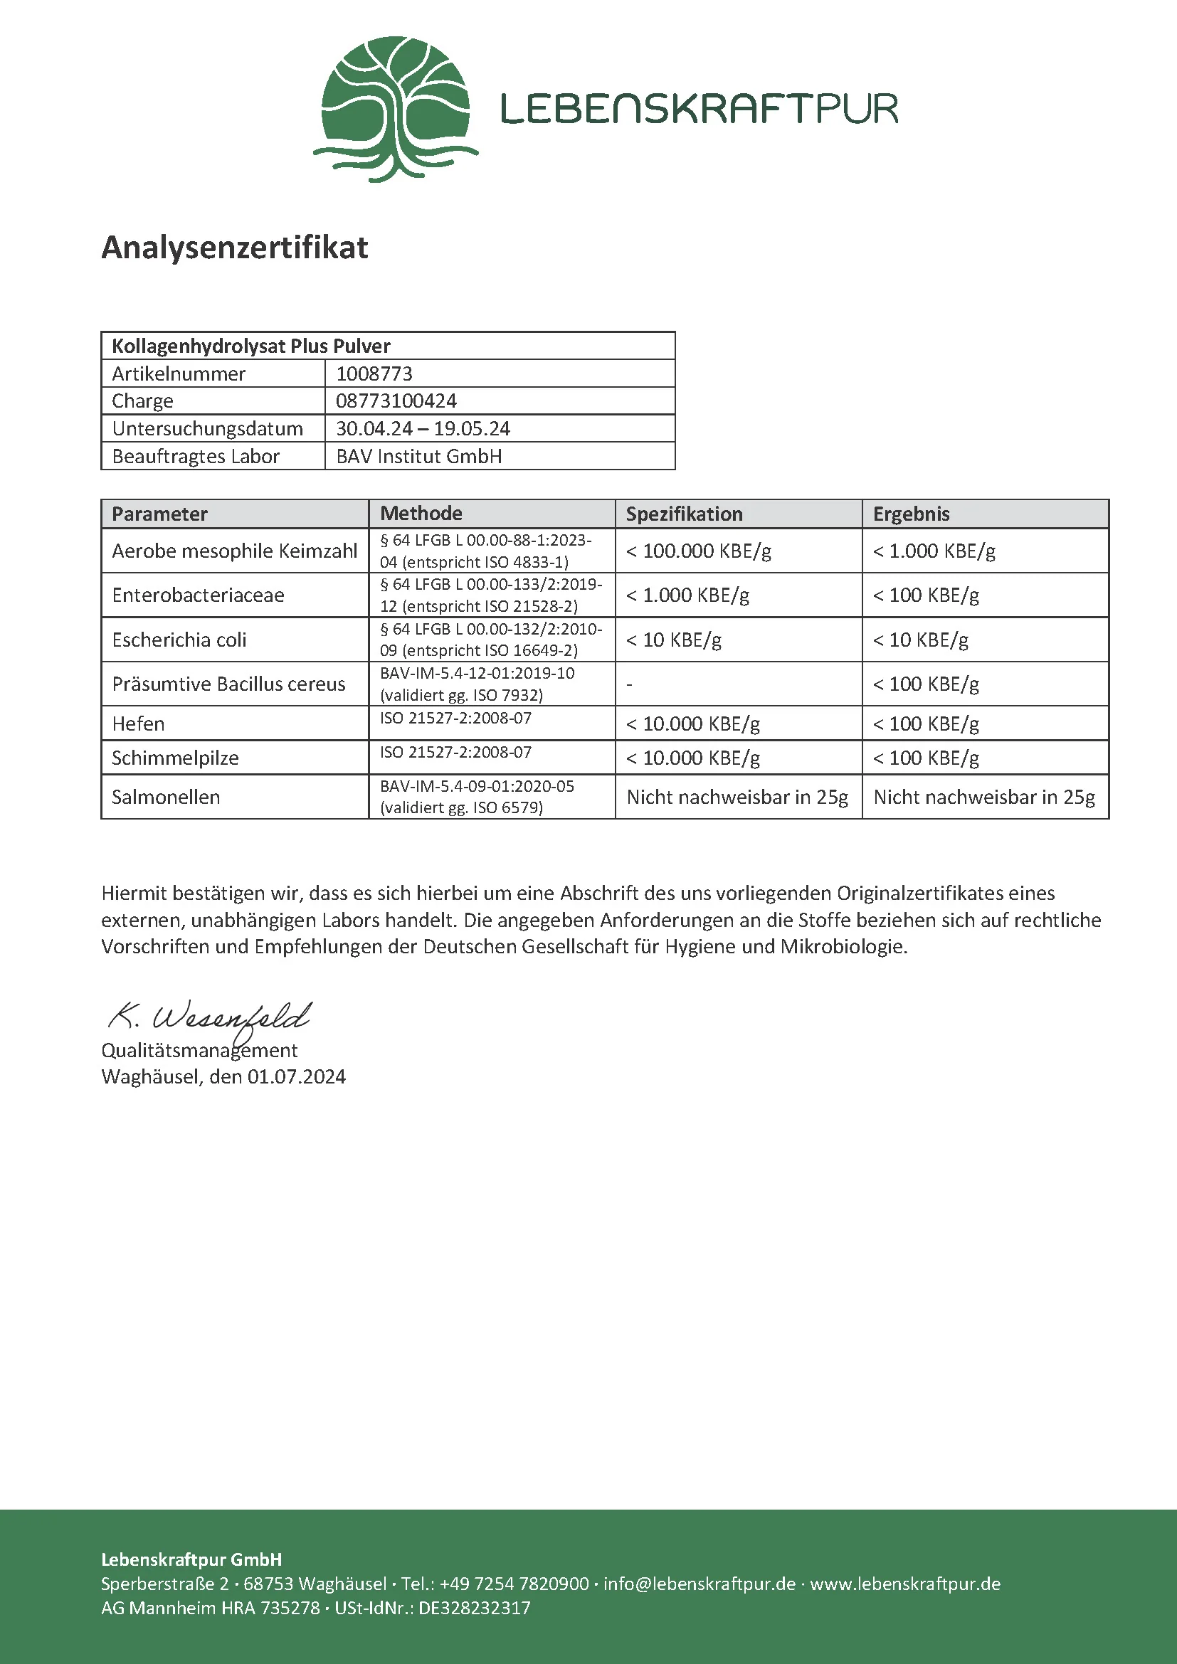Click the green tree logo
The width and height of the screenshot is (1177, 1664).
pyautogui.click(x=395, y=109)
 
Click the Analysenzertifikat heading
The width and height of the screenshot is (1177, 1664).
pyautogui.click(x=235, y=248)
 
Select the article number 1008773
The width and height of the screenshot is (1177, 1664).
pyautogui.click(x=374, y=374)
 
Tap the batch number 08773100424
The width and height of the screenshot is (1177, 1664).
pyautogui.click(x=396, y=401)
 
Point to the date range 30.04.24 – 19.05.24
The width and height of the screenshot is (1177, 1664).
pyautogui.click(x=423, y=429)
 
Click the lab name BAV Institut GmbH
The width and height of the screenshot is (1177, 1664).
pyautogui.click(x=419, y=457)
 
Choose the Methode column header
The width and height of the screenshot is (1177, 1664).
pyautogui.click(x=421, y=514)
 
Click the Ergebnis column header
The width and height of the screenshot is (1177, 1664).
pyautogui.click(x=911, y=514)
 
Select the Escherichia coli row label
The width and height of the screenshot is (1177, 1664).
pyautogui.click(x=179, y=640)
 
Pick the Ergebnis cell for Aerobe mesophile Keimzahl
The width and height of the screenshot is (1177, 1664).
pyautogui.click(x=934, y=551)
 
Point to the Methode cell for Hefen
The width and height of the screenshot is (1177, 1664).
pyautogui.click(x=455, y=719)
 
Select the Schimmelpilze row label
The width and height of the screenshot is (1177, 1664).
pyautogui.click(x=174, y=758)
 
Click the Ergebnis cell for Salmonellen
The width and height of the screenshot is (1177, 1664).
pyautogui.click(x=983, y=797)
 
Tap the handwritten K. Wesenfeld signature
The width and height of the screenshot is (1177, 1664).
pyautogui.click(x=210, y=1017)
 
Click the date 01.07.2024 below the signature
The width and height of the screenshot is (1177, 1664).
pyautogui.click(x=297, y=1077)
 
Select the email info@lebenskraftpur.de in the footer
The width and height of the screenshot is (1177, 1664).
pyautogui.click(x=700, y=1584)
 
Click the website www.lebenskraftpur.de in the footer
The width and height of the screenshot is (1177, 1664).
pyautogui.click(x=904, y=1584)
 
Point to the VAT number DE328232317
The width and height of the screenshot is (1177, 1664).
pyautogui.click(x=474, y=1609)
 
